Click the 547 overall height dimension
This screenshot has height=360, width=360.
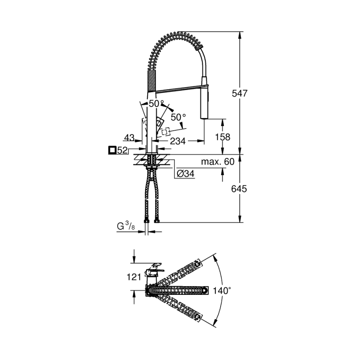[x=240, y=94]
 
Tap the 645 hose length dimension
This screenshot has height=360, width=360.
[x=239, y=189]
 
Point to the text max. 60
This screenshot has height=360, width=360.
[x=218, y=161]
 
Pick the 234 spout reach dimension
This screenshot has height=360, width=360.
[x=178, y=141]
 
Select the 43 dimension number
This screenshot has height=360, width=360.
[x=129, y=137]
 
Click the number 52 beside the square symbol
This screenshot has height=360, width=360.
[x=122, y=151]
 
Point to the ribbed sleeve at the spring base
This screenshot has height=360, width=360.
[x=152, y=80]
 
